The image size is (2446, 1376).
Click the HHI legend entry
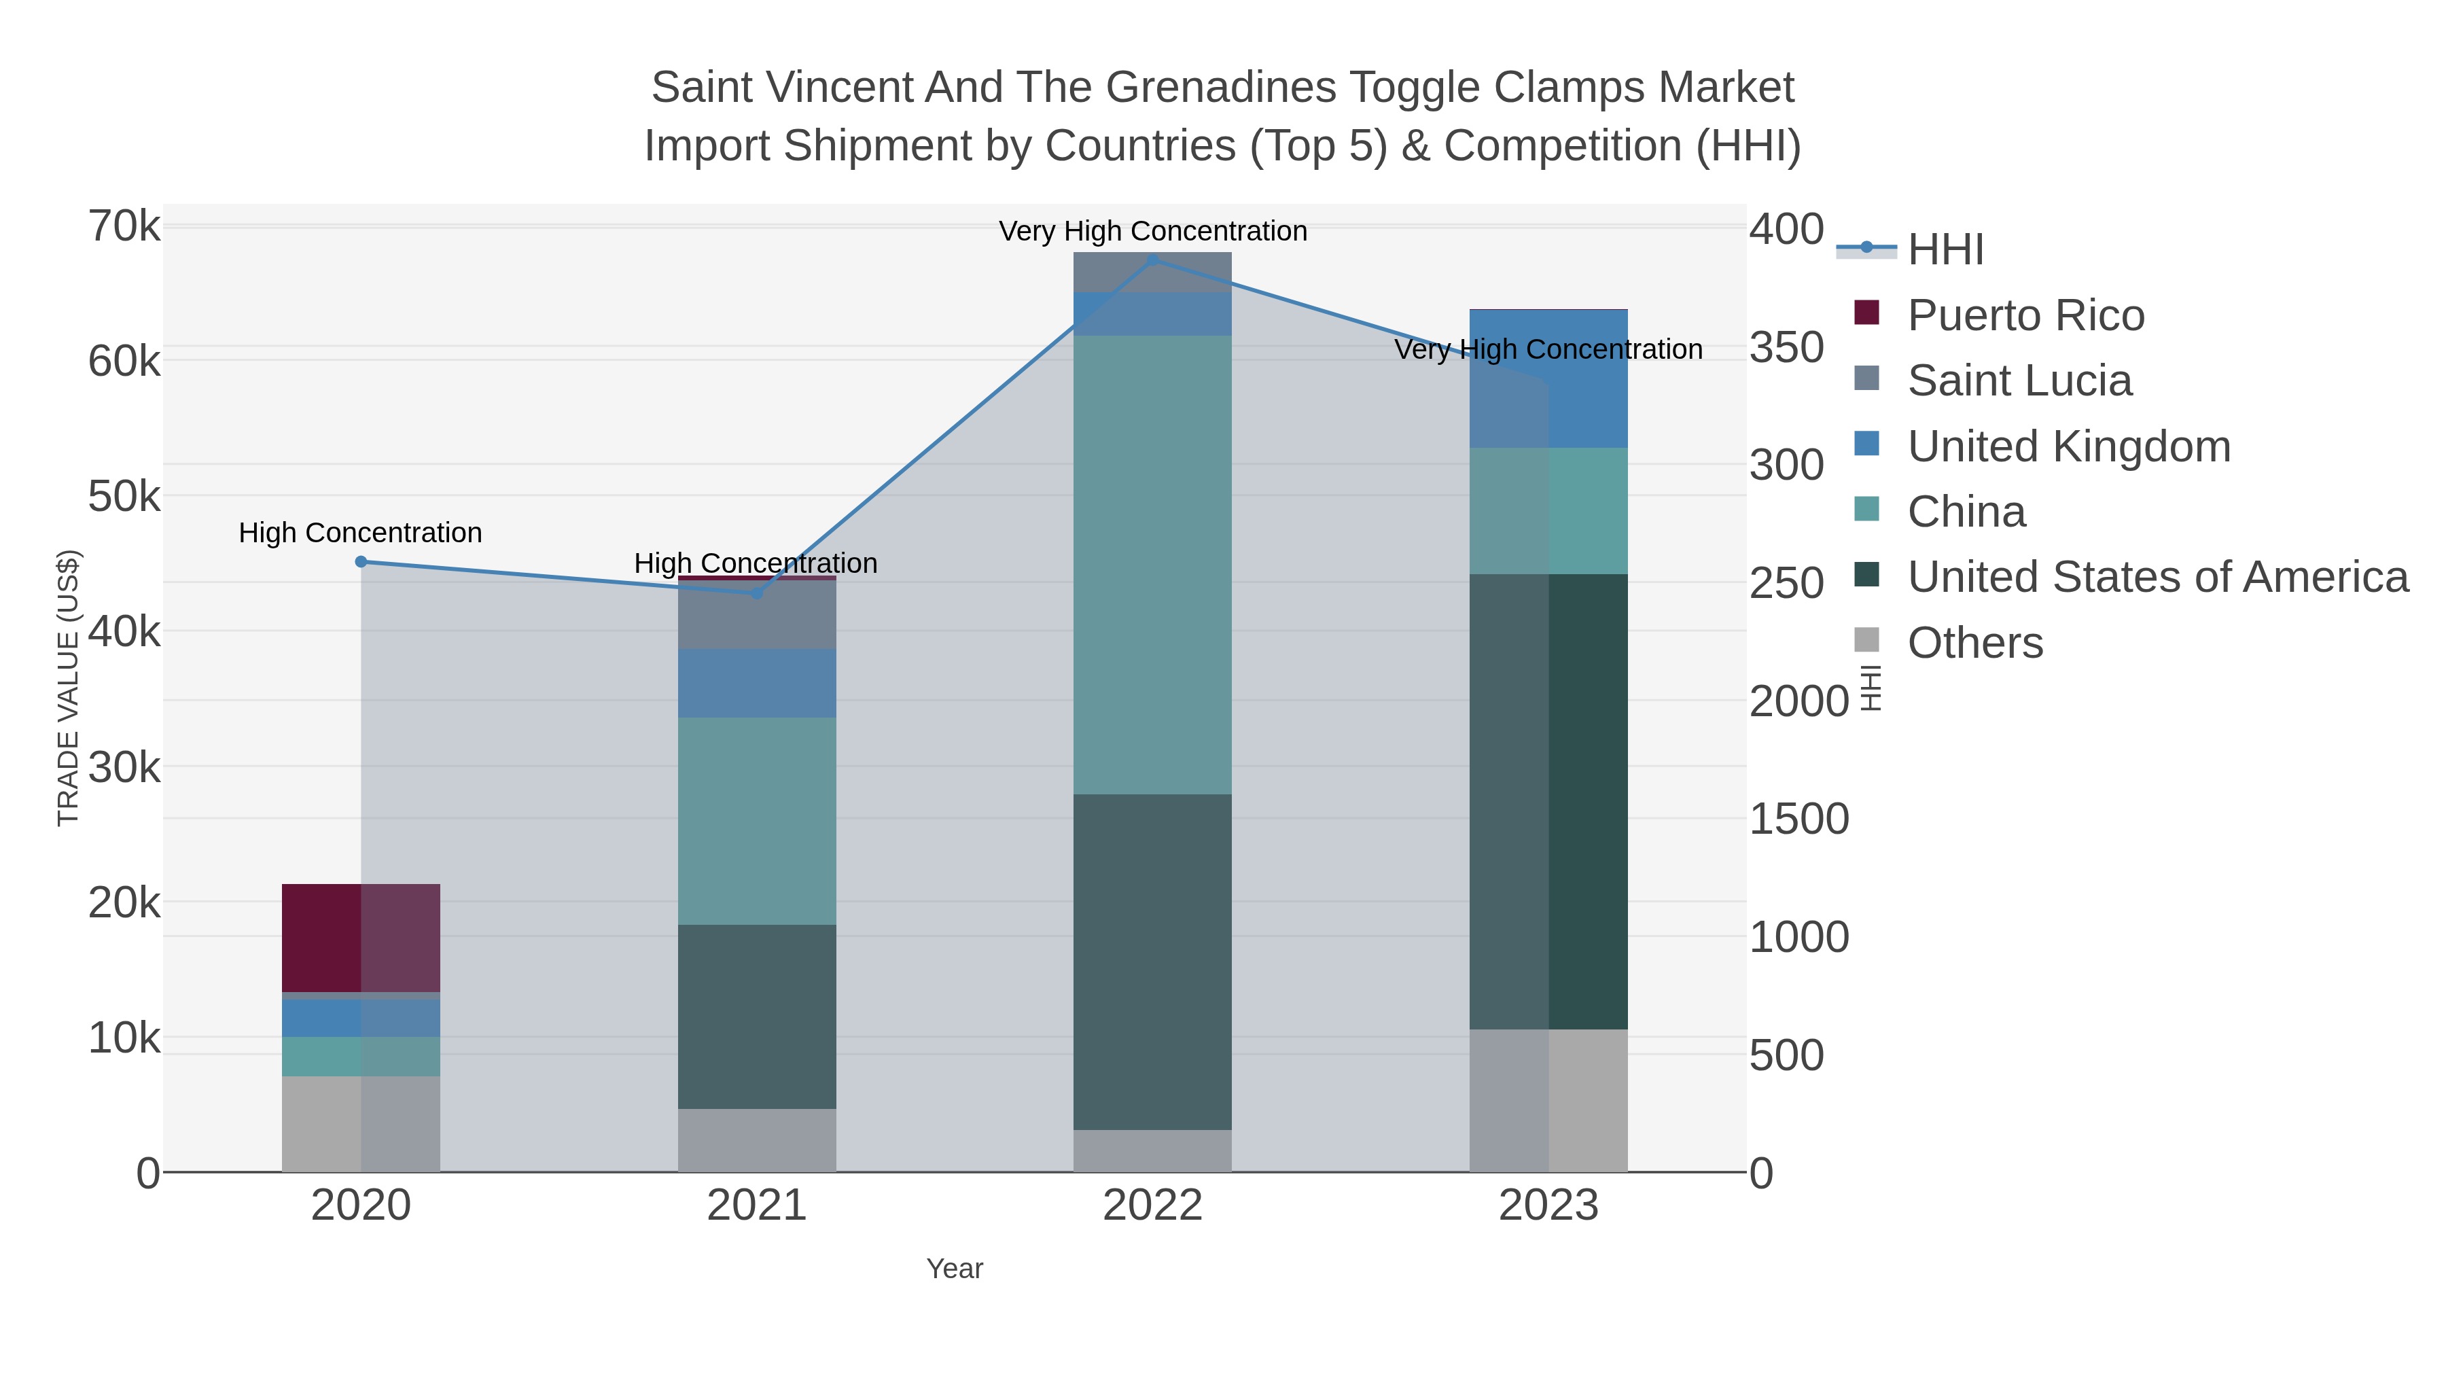point(1945,250)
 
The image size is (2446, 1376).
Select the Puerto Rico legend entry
point(2025,315)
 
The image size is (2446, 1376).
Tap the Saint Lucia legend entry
point(2019,381)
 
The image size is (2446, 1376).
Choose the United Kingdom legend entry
point(2068,446)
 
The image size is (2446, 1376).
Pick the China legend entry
point(1966,512)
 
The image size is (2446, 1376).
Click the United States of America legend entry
point(2157,578)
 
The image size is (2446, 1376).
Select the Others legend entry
point(1974,643)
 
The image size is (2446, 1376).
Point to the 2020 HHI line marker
point(361,562)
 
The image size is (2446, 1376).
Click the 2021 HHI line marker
point(757,593)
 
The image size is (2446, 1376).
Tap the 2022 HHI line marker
point(1153,260)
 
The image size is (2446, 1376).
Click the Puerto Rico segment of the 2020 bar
point(361,938)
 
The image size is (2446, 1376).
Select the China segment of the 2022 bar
point(1153,565)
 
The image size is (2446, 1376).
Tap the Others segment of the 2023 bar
point(1548,1101)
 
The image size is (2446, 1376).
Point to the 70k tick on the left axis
point(124,227)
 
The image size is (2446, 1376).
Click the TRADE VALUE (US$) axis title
point(69,688)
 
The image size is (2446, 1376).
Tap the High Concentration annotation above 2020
point(361,533)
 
